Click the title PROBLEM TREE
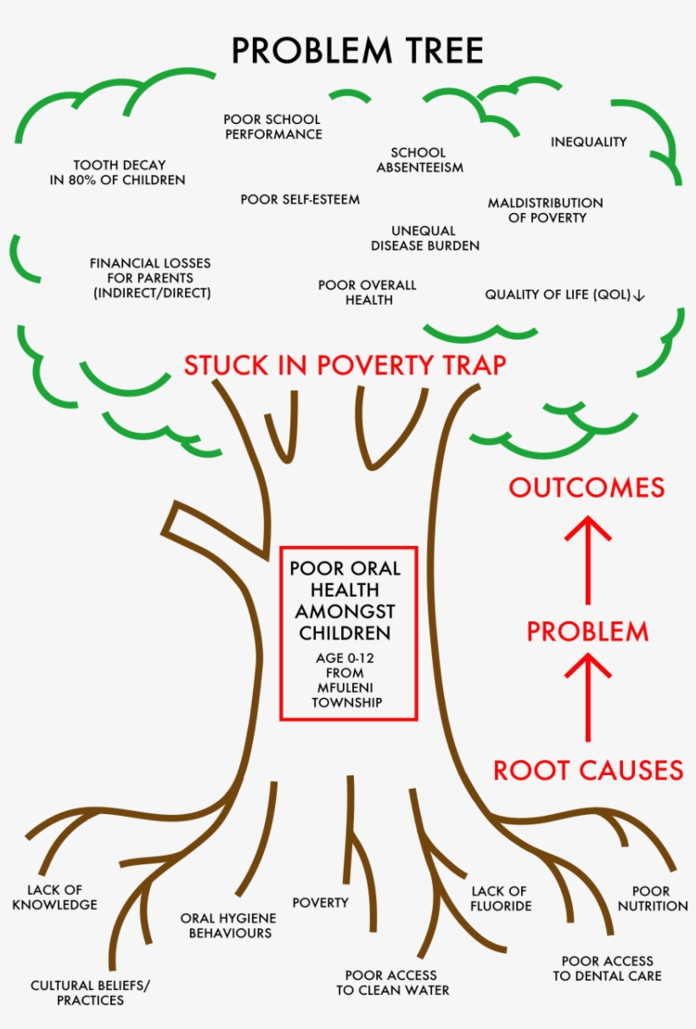pyautogui.click(x=357, y=51)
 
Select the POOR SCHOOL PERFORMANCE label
pyautogui.click(x=272, y=127)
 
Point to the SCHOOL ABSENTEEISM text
pyautogui.click(x=419, y=160)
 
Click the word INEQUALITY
pyautogui.click(x=588, y=142)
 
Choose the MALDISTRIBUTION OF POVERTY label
pyautogui.click(x=545, y=210)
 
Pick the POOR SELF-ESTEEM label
pyautogui.click(x=300, y=200)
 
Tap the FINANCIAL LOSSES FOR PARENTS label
pyautogui.click(x=150, y=278)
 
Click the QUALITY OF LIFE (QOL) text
pyautogui.click(x=564, y=295)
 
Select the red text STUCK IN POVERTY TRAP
pyautogui.click(x=345, y=365)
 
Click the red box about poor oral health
pyautogui.click(x=349, y=633)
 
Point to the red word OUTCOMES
pyautogui.click(x=587, y=487)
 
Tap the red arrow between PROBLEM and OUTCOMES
pyautogui.click(x=587, y=560)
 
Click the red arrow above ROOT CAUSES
pyautogui.click(x=587, y=698)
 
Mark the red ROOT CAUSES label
pyautogui.click(x=588, y=770)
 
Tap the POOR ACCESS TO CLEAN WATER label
pyautogui.click(x=392, y=982)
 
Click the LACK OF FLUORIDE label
pyautogui.click(x=501, y=898)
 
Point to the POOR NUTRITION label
pyautogui.click(x=652, y=898)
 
